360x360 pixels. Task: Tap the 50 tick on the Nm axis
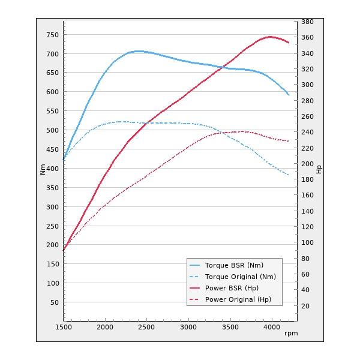[x=53, y=302]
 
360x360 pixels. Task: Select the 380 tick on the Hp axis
[x=307, y=22]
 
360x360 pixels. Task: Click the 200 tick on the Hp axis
[x=307, y=164]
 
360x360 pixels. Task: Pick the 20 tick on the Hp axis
[x=305, y=306]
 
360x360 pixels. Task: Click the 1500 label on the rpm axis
[x=64, y=327]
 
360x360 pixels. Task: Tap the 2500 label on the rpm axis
[x=147, y=327]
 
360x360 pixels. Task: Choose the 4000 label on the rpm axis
[x=272, y=327]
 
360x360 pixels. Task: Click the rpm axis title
[x=291, y=333]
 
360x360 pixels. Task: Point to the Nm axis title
[x=43, y=170]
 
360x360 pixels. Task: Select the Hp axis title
[x=319, y=170]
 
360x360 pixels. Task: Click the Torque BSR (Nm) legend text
[x=234, y=265]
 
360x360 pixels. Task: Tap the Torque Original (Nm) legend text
[x=240, y=277]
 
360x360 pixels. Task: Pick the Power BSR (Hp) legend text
[x=232, y=288]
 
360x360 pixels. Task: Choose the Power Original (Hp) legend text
[x=238, y=299]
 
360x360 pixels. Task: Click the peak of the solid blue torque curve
[x=139, y=51]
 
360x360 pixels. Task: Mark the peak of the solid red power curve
[x=271, y=37]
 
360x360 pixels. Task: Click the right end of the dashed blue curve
[x=289, y=175]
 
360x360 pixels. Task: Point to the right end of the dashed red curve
[x=289, y=141]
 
